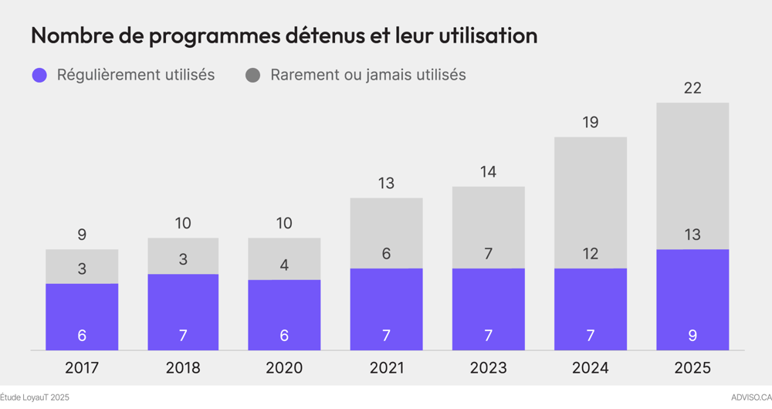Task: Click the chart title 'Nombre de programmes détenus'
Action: point(283,35)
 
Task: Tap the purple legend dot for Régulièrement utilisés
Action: point(39,75)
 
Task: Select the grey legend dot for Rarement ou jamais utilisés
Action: point(252,75)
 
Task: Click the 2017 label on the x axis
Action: point(82,368)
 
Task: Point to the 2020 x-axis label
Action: point(284,368)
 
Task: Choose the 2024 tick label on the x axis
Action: point(591,368)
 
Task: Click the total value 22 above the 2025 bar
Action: point(692,88)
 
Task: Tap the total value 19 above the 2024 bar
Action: point(591,122)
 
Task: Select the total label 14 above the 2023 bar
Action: point(488,172)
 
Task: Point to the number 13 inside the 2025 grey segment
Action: point(692,235)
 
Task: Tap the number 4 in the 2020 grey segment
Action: point(284,265)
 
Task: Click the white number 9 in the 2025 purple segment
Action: point(692,336)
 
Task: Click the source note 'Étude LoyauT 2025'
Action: point(35,397)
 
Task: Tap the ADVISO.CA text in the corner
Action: point(750,397)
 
